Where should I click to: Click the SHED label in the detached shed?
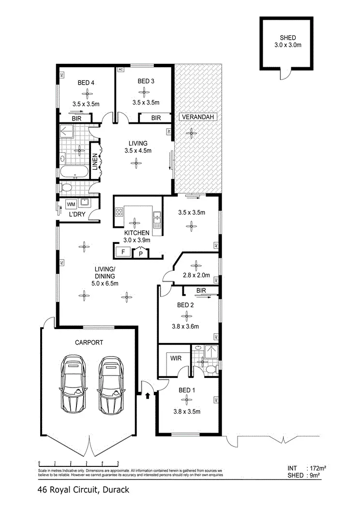coord(287,38)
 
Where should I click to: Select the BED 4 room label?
coord(86,82)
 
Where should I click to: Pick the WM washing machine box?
coord(71,205)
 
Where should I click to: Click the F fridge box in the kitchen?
coord(123,252)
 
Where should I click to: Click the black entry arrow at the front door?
coord(147,395)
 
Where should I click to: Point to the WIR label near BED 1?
coord(175,359)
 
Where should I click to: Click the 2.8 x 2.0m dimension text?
coord(196,275)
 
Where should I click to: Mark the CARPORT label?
coord(89,342)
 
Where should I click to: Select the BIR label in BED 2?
coord(202,290)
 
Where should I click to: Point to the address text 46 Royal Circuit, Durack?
coord(83,490)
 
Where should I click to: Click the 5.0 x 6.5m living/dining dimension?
coord(105,283)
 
